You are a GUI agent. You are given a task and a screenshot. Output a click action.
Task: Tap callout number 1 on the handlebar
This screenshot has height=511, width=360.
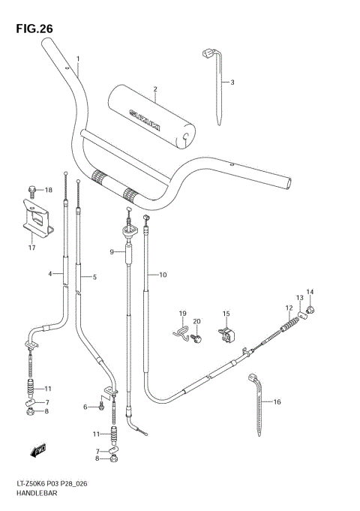[77, 59]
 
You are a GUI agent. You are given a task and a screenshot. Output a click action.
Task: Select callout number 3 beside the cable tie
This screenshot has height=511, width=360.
[232, 83]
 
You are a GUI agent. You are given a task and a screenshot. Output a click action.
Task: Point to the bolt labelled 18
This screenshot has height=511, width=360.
[32, 190]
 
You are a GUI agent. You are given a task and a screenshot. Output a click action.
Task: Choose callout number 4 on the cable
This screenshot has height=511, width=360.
[51, 274]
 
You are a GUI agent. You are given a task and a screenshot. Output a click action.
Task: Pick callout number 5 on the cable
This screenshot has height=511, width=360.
[94, 278]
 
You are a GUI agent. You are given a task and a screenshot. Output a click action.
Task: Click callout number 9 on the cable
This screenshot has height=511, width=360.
[112, 253]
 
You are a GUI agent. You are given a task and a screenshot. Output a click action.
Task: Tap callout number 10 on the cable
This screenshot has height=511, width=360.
[163, 275]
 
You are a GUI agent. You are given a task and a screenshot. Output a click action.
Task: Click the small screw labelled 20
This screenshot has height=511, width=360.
[196, 339]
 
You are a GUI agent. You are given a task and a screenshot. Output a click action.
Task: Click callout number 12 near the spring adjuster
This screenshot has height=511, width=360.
[288, 308]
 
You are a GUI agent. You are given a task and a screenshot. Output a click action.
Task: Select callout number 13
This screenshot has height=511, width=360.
[299, 298]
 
